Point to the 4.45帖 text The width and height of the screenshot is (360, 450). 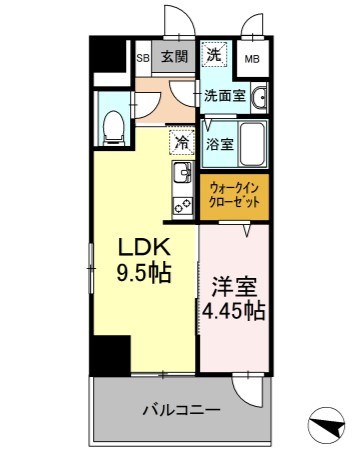[x=233, y=311]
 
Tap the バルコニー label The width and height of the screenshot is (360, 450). [x=180, y=410]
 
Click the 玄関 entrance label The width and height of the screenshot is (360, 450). [x=175, y=56]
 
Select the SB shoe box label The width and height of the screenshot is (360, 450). [x=142, y=57]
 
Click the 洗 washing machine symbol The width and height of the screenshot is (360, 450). [x=215, y=55]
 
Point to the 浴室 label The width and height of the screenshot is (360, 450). [x=219, y=142]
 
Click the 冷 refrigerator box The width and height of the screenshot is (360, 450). [x=181, y=142]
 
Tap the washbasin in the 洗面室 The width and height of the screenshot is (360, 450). [x=260, y=98]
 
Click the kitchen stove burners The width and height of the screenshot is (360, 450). [x=182, y=206]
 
